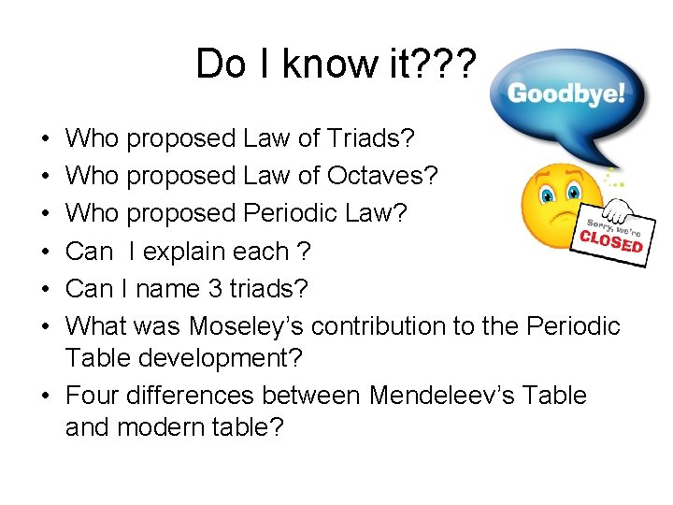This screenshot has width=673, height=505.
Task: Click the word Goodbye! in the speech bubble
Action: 566,94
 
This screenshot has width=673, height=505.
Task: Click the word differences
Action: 192,396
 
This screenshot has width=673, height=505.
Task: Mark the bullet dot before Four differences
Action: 47,397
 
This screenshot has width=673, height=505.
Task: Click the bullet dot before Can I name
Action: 47,290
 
